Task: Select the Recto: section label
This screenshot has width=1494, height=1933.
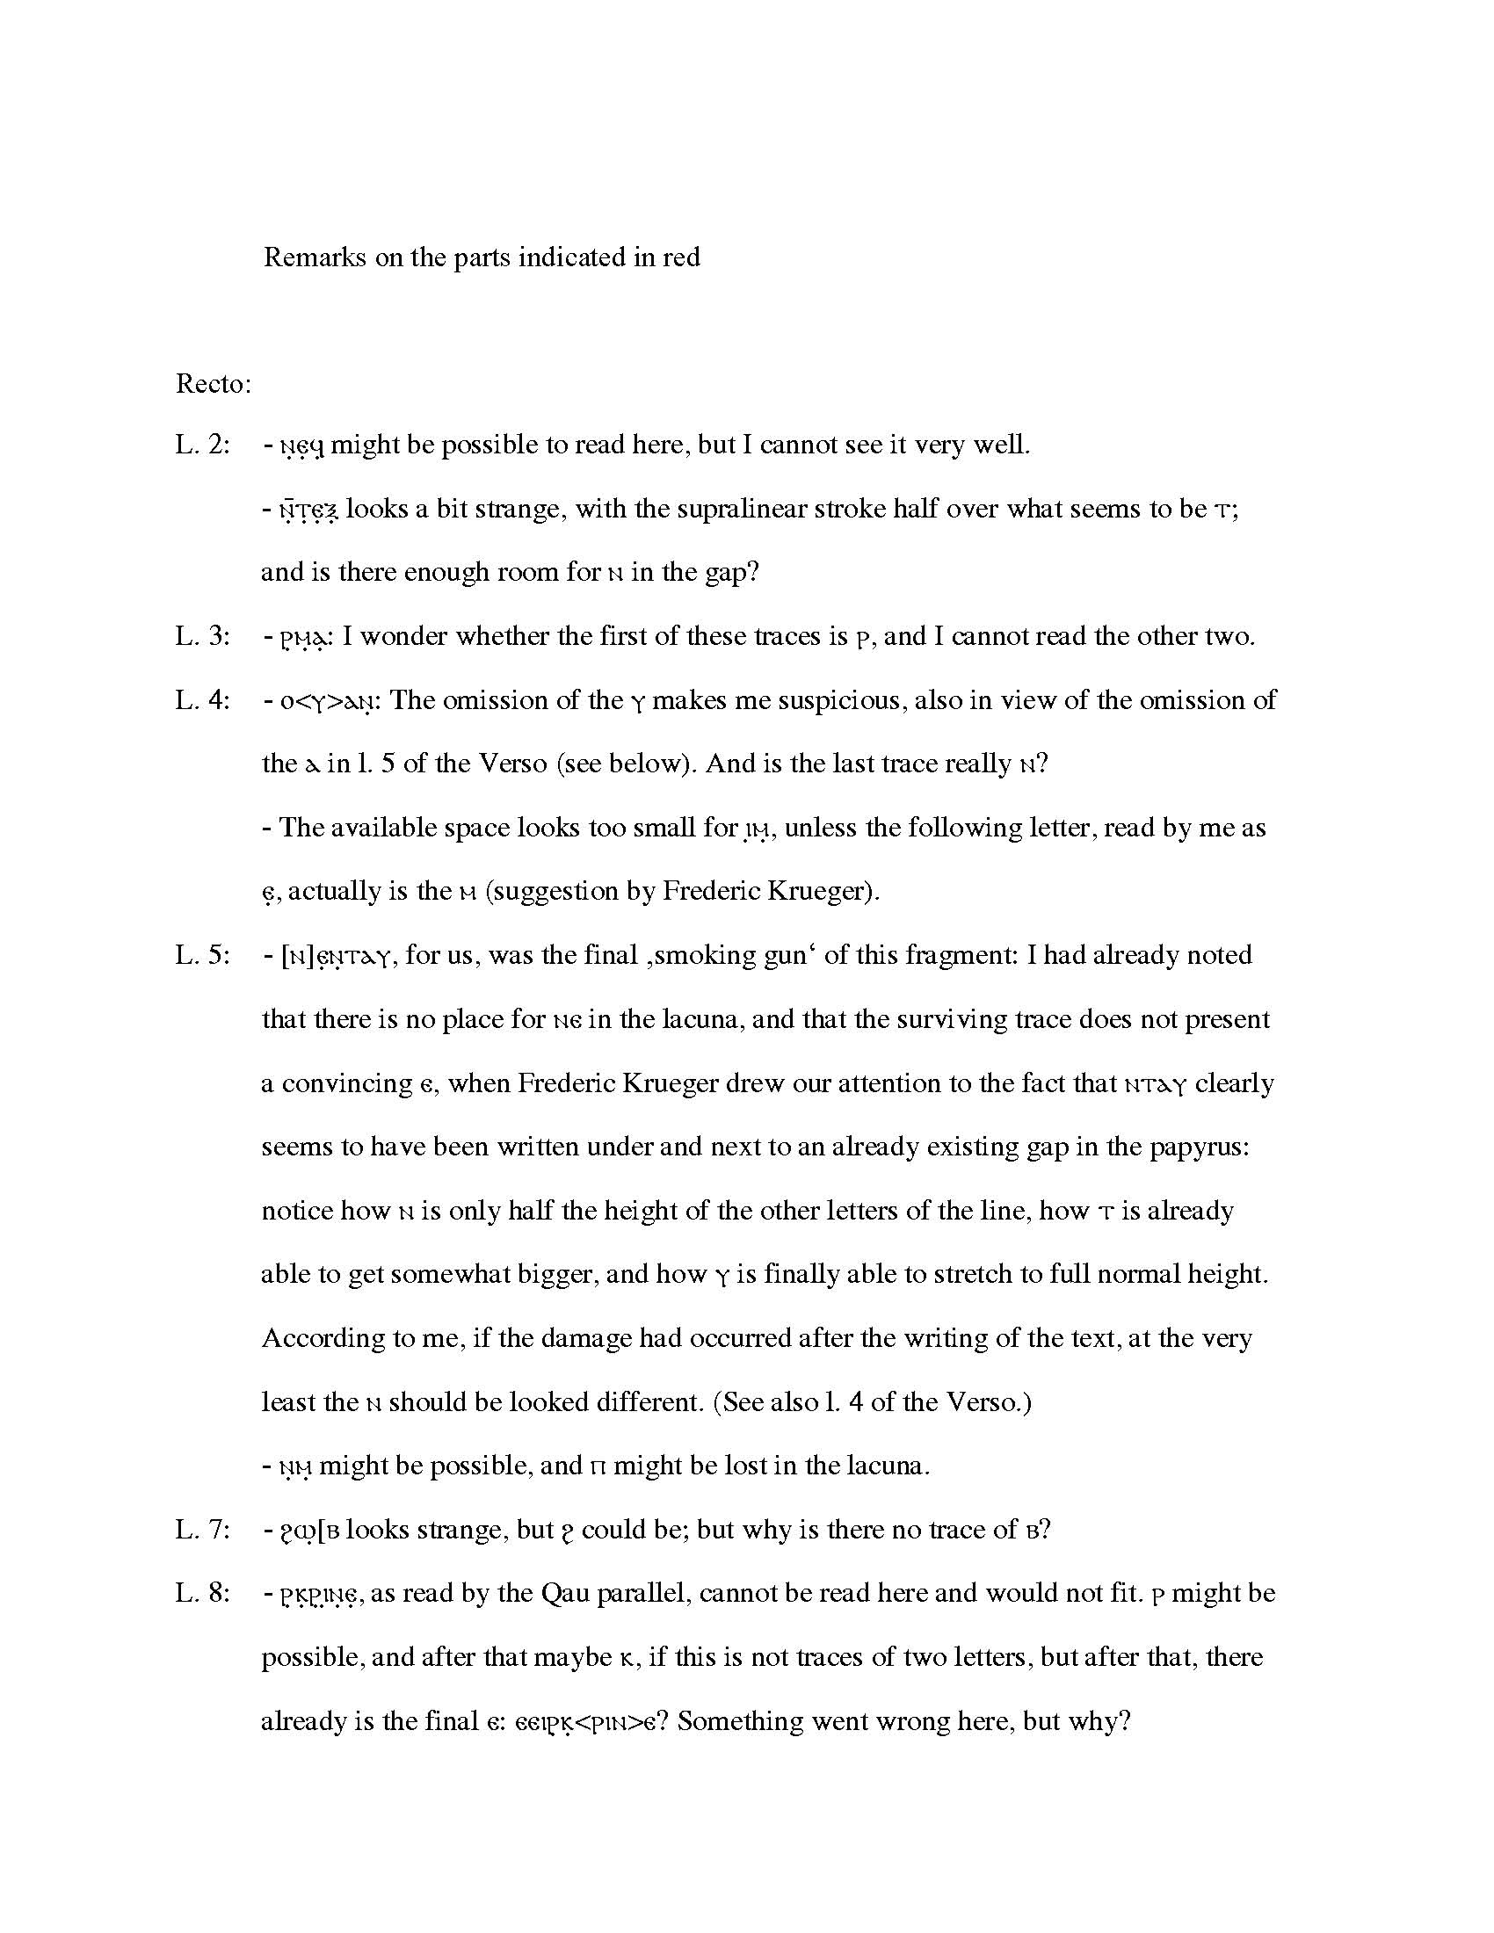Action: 214,384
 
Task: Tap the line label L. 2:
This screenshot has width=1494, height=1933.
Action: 203,445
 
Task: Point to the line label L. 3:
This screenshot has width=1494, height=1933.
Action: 203,636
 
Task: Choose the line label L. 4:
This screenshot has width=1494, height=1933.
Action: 203,700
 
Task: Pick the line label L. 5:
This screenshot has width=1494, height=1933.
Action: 203,955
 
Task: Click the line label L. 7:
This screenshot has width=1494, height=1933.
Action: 203,1530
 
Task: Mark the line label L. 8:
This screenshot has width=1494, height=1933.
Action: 203,1593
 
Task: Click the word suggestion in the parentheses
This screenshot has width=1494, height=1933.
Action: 563,891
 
